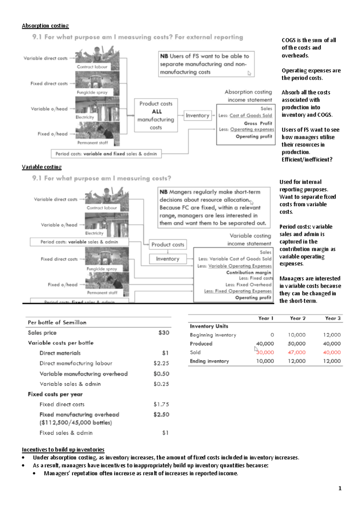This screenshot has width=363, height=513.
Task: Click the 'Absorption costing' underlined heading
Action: (45, 26)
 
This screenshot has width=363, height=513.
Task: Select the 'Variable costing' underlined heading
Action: (41, 167)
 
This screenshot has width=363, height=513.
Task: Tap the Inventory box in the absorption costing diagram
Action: (197, 115)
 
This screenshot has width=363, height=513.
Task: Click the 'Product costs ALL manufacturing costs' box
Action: (156, 115)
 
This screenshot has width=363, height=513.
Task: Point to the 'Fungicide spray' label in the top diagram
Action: (92, 92)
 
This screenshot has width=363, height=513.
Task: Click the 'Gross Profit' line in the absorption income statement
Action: (258, 123)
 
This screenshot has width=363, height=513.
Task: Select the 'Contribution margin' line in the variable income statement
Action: (248, 272)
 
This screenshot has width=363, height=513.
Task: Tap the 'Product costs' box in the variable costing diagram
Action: (168, 244)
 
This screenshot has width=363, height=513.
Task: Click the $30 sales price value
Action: (164, 333)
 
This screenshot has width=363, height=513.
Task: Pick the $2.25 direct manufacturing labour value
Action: (161, 363)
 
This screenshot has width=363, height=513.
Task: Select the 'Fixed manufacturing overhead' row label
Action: (79, 415)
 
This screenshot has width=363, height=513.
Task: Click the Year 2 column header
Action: (297, 318)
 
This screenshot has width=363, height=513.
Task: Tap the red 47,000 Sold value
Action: (296, 352)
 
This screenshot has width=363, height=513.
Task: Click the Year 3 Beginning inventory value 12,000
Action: (332, 335)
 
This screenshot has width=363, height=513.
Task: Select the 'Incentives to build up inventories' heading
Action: (63, 450)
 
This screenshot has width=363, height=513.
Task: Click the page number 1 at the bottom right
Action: (340, 488)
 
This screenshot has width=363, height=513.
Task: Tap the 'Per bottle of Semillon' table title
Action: (57, 322)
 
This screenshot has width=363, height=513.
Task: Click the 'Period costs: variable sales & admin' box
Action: (79, 242)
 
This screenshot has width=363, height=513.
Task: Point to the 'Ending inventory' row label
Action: (209, 361)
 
